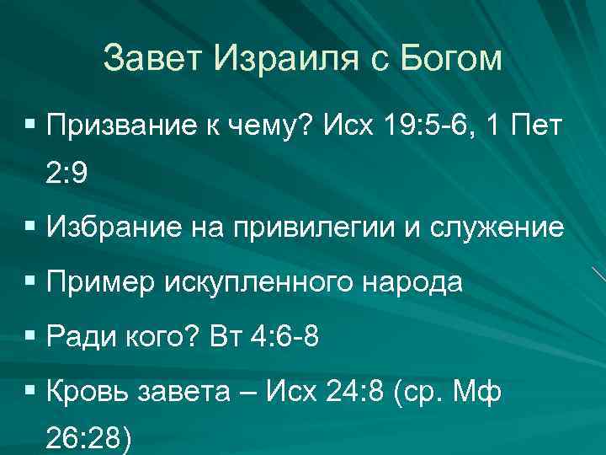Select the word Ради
(x=82, y=337)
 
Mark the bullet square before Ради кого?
(x=30, y=336)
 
